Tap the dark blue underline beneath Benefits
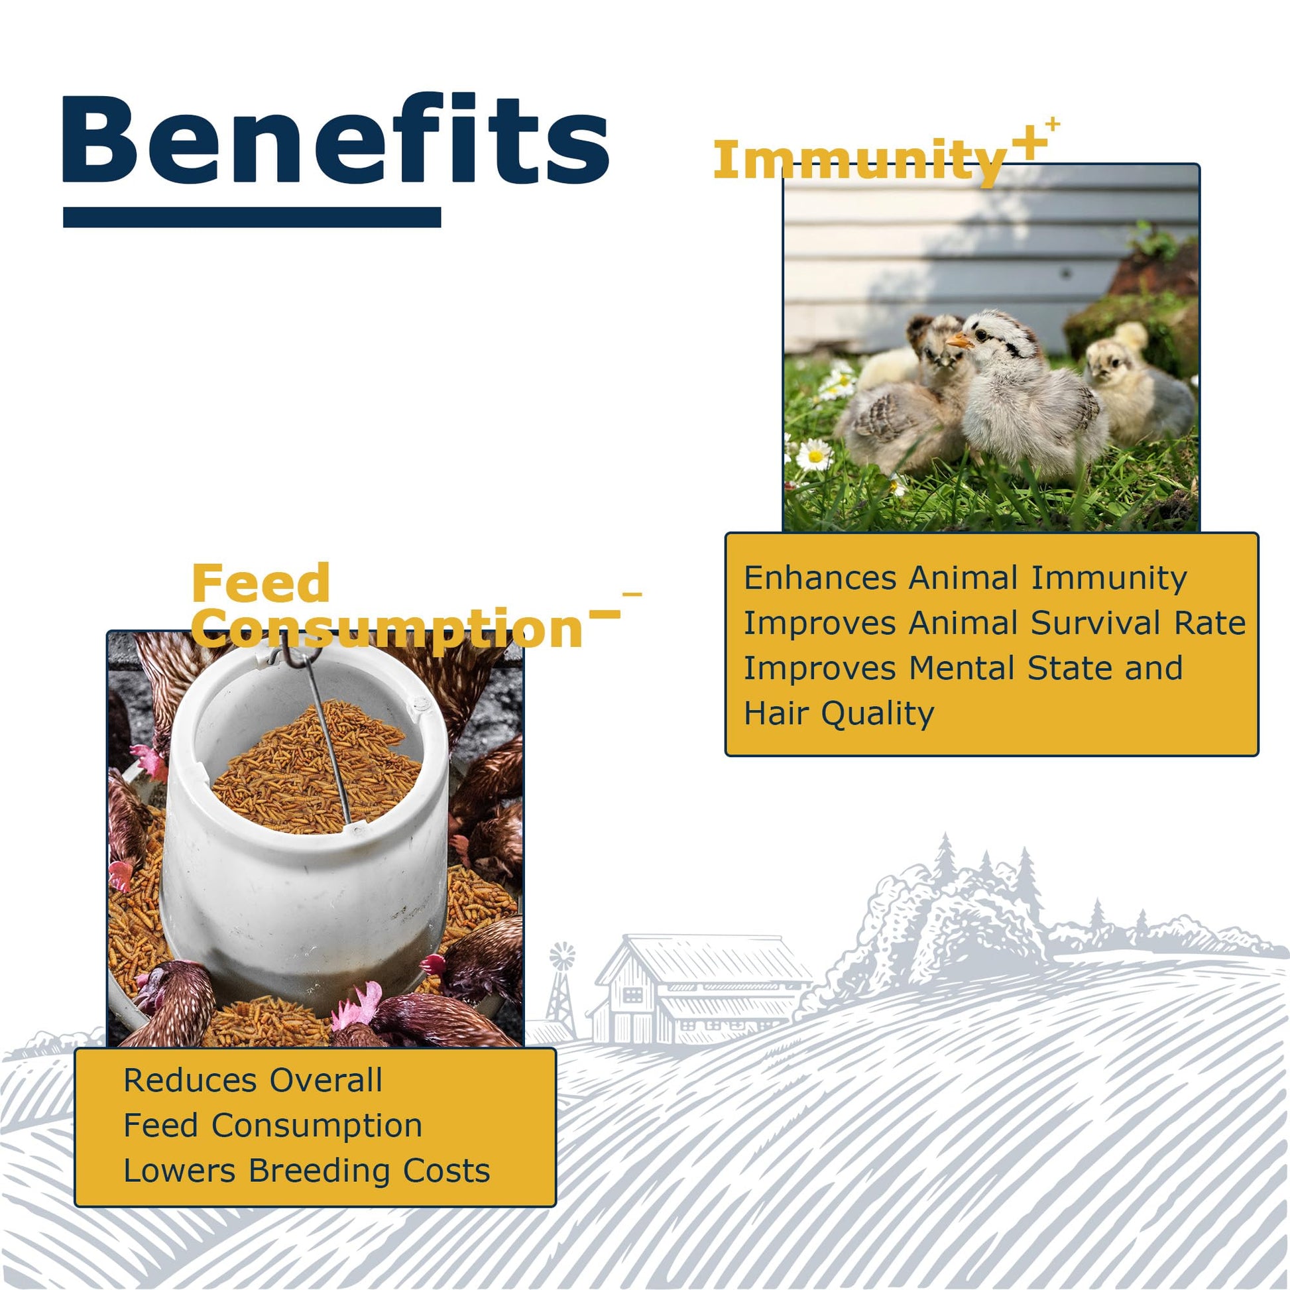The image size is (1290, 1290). click(252, 217)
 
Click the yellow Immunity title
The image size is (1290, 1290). click(860, 161)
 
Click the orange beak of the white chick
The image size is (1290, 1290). click(959, 341)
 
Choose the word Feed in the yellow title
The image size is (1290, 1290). click(261, 583)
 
